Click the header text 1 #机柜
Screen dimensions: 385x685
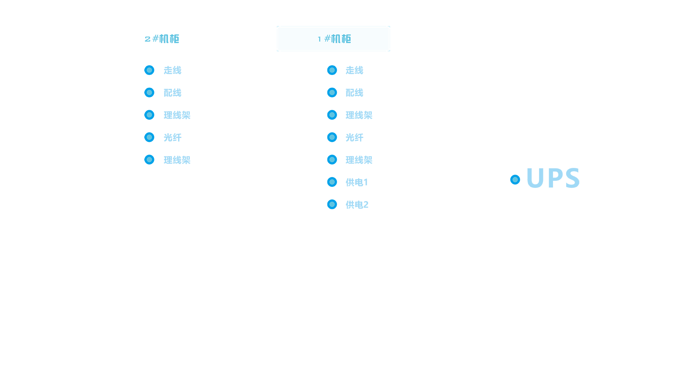pyautogui.click(x=334, y=38)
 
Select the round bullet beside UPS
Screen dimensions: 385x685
pyautogui.click(x=515, y=180)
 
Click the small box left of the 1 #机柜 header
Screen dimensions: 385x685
pyautogui.click(x=266, y=38)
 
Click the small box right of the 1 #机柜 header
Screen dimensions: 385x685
pyautogui.click(x=400, y=38)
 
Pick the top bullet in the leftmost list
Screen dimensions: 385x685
pyautogui.click(x=149, y=70)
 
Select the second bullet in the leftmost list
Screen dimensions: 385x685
pyautogui.click(x=149, y=92)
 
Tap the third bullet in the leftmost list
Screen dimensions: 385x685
pyautogui.click(x=149, y=115)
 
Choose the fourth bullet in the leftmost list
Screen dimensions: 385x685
pyautogui.click(x=149, y=137)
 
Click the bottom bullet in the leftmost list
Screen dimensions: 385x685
pyautogui.click(x=149, y=159)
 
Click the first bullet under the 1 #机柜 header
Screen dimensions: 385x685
pyautogui.click(x=332, y=70)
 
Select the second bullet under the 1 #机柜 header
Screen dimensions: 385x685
pyautogui.click(x=332, y=92)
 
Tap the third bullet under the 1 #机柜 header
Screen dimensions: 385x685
pyautogui.click(x=332, y=115)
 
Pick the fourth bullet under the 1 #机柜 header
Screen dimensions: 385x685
pyautogui.click(x=332, y=137)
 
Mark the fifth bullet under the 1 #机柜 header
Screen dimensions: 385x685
pyautogui.click(x=332, y=159)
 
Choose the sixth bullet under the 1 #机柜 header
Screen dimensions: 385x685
pyautogui.click(x=332, y=182)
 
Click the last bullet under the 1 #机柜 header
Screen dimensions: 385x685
pyautogui.click(x=332, y=204)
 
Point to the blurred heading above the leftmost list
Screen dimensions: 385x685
pyautogui.click(x=161, y=38)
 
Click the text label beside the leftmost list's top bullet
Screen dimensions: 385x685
pyautogui.click(x=172, y=70)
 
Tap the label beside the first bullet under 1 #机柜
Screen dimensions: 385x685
pyautogui.click(x=354, y=70)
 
